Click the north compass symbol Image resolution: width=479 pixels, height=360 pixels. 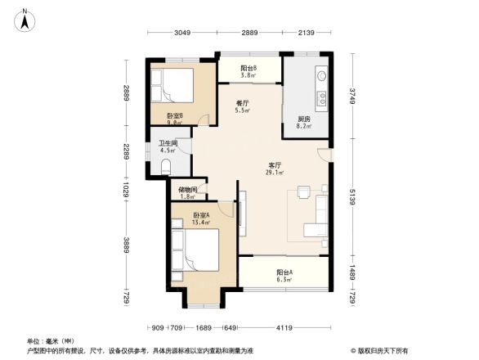[x=25, y=19]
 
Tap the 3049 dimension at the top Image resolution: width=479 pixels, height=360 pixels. [x=181, y=32]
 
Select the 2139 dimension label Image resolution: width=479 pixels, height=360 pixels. [x=307, y=32]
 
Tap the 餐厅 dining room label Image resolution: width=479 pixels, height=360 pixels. [x=242, y=103]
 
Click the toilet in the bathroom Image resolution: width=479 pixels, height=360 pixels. [x=165, y=167]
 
